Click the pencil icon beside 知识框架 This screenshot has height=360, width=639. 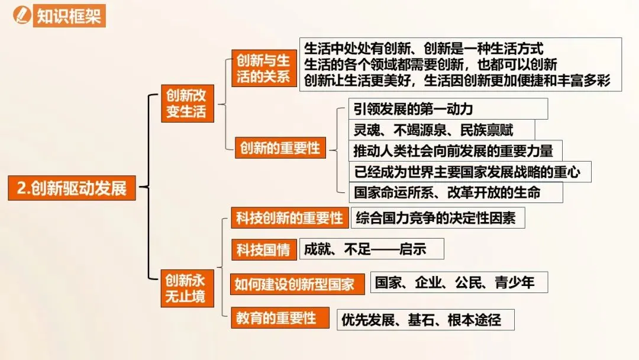(x=22, y=14)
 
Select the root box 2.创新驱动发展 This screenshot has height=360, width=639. (x=72, y=188)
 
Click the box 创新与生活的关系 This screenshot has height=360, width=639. (x=263, y=68)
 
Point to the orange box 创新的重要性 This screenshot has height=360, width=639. (x=280, y=148)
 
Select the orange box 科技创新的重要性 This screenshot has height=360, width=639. (x=289, y=218)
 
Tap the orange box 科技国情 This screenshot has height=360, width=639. (x=263, y=250)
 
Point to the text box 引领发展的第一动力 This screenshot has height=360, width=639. (x=447, y=109)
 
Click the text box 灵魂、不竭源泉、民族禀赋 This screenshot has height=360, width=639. (x=441, y=130)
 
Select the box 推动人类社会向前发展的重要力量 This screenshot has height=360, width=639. (x=454, y=150)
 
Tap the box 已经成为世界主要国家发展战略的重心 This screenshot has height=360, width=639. (x=470, y=172)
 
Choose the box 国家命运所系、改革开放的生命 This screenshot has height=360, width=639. (x=455, y=192)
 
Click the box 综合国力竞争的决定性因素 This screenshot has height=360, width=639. (x=438, y=218)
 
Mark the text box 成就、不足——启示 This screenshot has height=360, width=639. (x=372, y=249)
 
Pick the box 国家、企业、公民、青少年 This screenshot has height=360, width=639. (x=459, y=282)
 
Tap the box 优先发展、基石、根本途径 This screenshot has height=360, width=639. (x=425, y=320)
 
